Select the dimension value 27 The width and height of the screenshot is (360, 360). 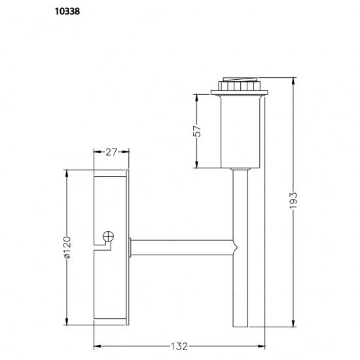[x=112, y=152]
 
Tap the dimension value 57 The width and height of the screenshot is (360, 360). [x=197, y=132]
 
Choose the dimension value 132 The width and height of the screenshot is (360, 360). [x=180, y=346]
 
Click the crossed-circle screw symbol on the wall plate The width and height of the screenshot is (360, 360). [x=109, y=236]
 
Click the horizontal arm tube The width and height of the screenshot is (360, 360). [x=183, y=249]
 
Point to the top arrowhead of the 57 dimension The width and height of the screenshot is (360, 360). [x=197, y=96]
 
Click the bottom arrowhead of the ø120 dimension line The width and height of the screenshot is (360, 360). [x=67, y=323]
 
